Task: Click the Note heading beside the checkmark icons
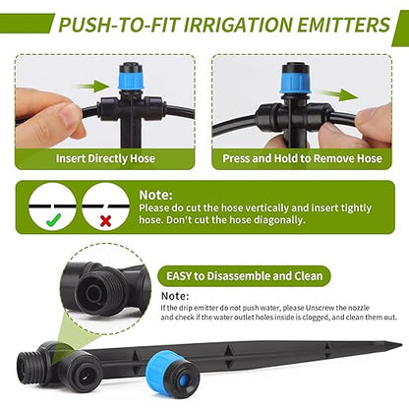click(x=156, y=195)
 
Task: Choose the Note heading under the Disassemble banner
click(x=175, y=294)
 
